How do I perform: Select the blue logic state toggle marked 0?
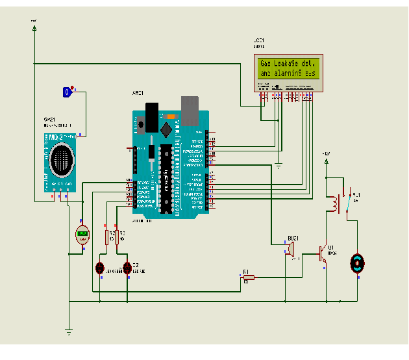coord(66,92)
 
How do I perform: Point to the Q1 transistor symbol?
coord(323,253)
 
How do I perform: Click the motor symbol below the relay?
coord(356,263)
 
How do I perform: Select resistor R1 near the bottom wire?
coord(248,277)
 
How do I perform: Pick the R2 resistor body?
coord(107,237)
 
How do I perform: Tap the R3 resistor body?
coord(126,237)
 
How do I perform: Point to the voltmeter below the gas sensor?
coord(82,235)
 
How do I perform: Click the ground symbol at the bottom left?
coord(68,333)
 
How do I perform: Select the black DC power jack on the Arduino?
coord(151,117)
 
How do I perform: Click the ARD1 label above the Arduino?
coord(138,94)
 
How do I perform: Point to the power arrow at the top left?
coord(34,27)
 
